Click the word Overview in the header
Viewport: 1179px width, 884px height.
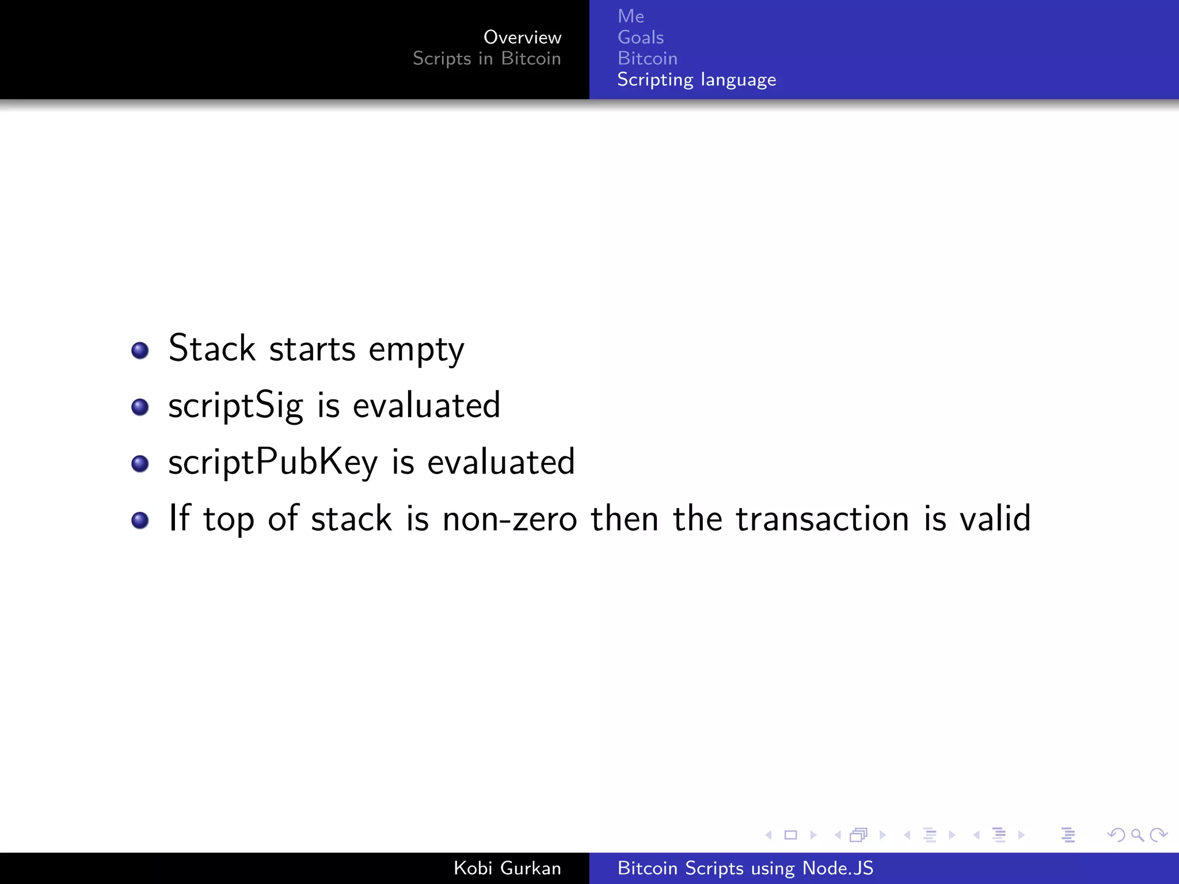pos(522,37)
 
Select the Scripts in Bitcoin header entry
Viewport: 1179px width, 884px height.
pos(486,59)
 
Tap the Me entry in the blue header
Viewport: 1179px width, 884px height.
pos(630,16)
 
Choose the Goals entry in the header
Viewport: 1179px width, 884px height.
pos(640,37)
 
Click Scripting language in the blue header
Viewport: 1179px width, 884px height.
pos(696,79)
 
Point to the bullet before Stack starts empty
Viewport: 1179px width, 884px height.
pos(140,350)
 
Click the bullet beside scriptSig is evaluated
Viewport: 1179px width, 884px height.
pos(140,407)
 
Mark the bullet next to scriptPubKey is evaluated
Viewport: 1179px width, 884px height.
pos(140,463)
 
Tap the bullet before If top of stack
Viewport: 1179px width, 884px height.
pos(140,520)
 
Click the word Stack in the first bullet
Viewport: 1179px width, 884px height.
pos(211,348)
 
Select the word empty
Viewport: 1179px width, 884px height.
pos(416,349)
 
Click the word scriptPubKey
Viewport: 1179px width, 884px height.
pos(273,462)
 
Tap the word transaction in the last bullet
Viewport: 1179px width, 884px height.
pos(823,519)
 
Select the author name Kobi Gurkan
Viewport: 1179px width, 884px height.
pos(507,868)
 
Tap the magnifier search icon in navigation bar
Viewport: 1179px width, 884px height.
pos(1137,835)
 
